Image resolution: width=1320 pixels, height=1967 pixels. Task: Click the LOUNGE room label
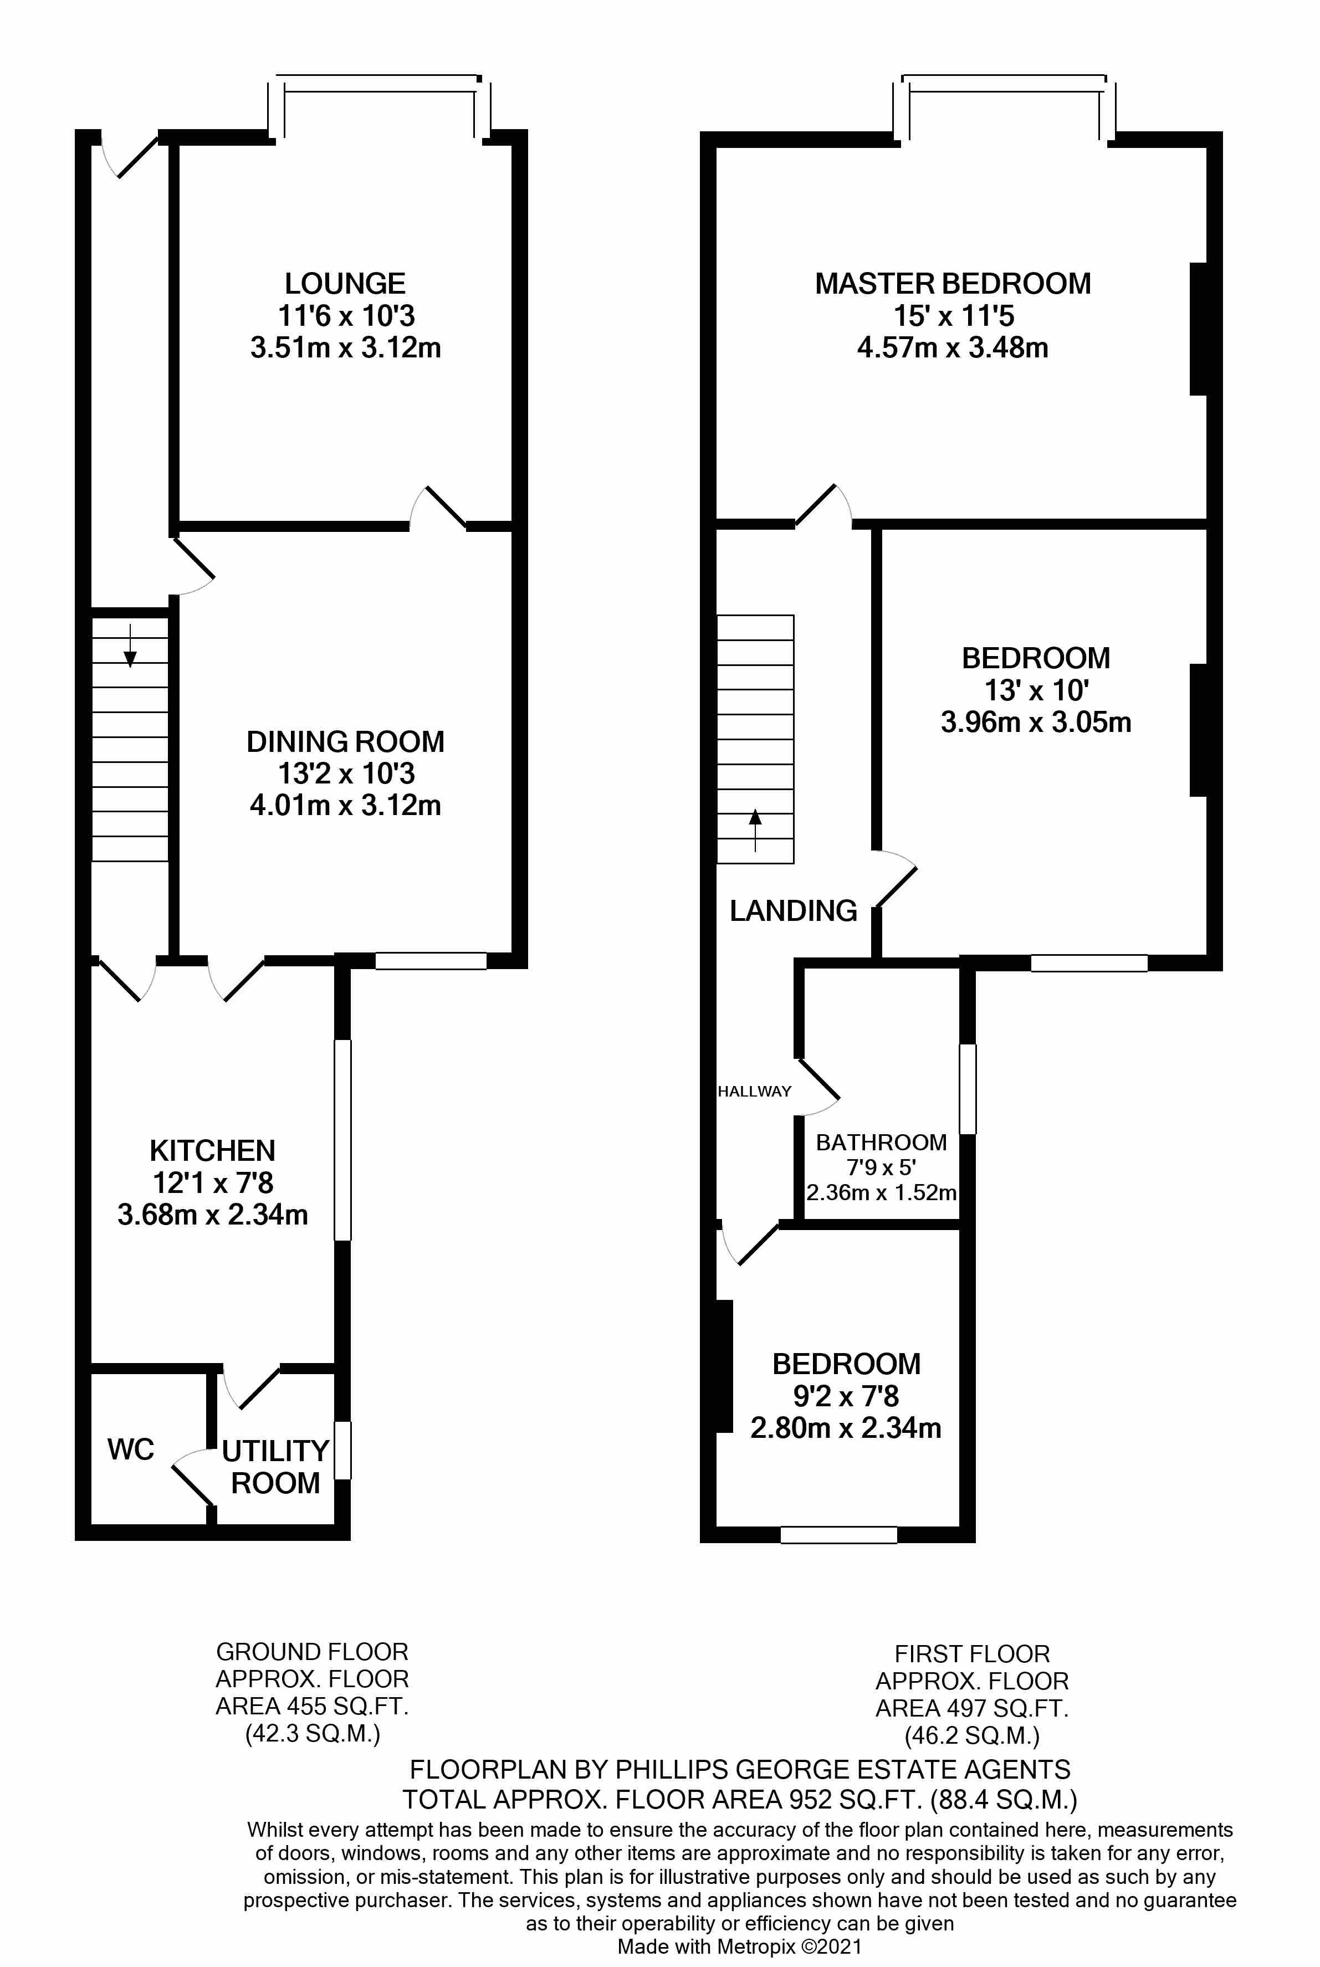tap(345, 284)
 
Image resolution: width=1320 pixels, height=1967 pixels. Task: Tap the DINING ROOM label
tap(345, 741)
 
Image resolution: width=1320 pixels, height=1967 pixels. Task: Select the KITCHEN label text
tap(212, 1151)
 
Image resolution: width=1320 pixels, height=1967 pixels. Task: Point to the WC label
tap(130, 1449)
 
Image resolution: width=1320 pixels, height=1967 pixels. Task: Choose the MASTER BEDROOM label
tap(953, 284)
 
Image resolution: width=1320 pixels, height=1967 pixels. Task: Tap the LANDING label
tap(793, 911)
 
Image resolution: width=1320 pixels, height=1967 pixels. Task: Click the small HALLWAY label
tap(754, 1092)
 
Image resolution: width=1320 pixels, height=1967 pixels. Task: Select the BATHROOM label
tap(882, 1142)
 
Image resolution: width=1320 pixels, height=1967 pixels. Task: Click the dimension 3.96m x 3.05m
tap(1036, 722)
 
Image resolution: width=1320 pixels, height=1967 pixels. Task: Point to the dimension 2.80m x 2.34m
tap(845, 1428)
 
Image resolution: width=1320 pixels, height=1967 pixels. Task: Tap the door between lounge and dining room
tap(438, 508)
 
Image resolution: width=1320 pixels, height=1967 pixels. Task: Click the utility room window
tap(342, 1450)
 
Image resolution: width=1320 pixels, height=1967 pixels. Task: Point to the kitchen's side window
tap(342, 1140)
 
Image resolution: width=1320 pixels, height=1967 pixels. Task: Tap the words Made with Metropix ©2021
tap(740, 1946)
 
